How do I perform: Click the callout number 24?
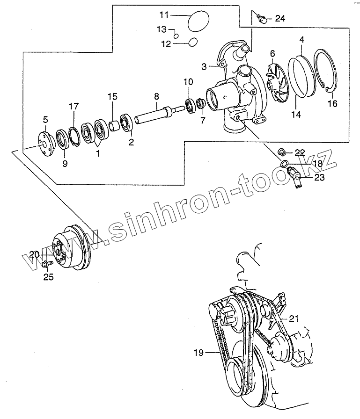[x=279, y=19]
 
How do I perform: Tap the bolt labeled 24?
[x=263, y=19]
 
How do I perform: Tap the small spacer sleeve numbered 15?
[x=114, y=125]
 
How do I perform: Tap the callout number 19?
[x=199, y=353]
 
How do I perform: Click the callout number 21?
[x=293, y=319]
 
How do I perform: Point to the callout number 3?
[x=204, y=67]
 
